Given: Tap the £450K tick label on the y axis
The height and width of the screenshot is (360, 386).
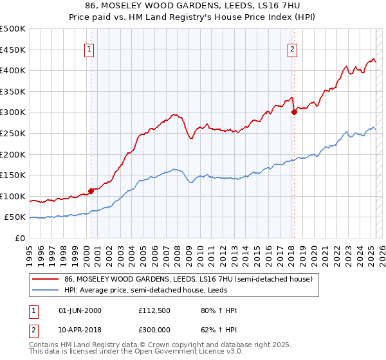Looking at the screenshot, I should coord(13,50).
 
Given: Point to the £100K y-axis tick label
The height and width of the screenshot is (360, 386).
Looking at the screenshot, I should coord(13,196).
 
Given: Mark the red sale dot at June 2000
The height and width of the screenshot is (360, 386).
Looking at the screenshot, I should coord(91,190).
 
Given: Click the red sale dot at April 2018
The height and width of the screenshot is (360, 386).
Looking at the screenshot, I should coord(294,112).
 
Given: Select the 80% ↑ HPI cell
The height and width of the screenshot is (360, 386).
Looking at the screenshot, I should coord(219,311).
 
